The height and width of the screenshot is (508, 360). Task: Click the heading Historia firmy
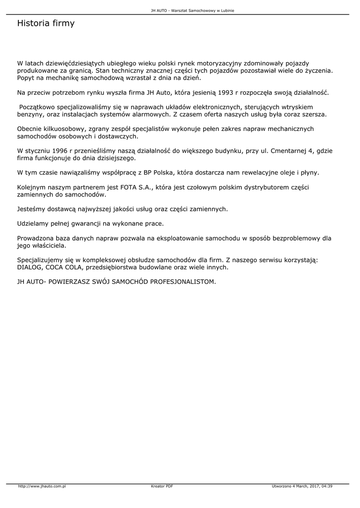46,23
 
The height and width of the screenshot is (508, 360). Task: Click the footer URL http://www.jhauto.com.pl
42,486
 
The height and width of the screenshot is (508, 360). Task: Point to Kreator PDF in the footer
162,486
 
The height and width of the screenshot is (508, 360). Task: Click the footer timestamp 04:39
327,486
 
